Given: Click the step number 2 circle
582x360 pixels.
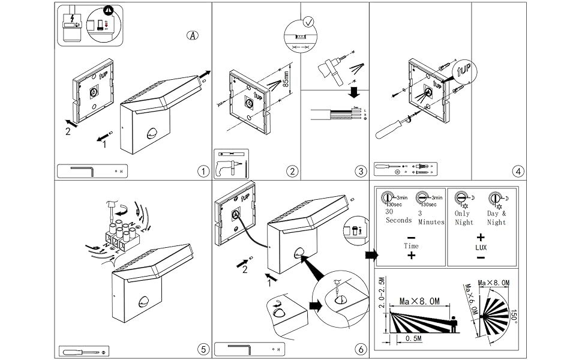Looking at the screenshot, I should point(292,171).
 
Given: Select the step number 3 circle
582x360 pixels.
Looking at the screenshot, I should point(360,171).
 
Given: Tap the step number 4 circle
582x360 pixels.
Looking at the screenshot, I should point(518,171).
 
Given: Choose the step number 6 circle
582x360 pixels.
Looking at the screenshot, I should point(360,349).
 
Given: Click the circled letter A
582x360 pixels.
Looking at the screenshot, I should point(192,35).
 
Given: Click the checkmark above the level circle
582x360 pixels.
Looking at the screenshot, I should point(308,22).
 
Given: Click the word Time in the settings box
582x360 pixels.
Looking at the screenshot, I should point(411,246).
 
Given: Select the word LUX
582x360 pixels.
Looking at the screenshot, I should point(481,247).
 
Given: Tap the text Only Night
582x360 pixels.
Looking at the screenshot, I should point(463,218).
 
